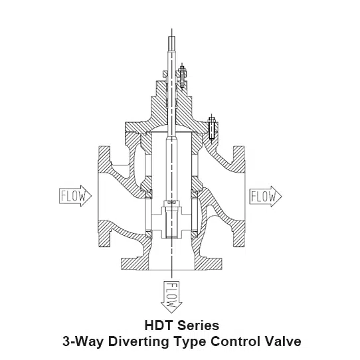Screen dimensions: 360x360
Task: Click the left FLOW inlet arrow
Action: pos(75,196)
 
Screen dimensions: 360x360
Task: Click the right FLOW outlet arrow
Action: pos(266,197)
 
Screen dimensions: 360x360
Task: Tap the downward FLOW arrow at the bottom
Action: pos(171,297)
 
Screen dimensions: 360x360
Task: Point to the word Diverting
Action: pos(139,341)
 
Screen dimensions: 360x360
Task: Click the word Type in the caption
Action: pos(191,342)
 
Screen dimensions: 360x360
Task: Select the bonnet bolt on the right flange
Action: pos(212,129)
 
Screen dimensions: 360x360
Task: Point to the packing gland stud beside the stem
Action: pos(182,76)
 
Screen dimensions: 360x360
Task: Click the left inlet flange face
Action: pos(104,197)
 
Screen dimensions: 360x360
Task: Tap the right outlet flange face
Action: pos(239,197)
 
